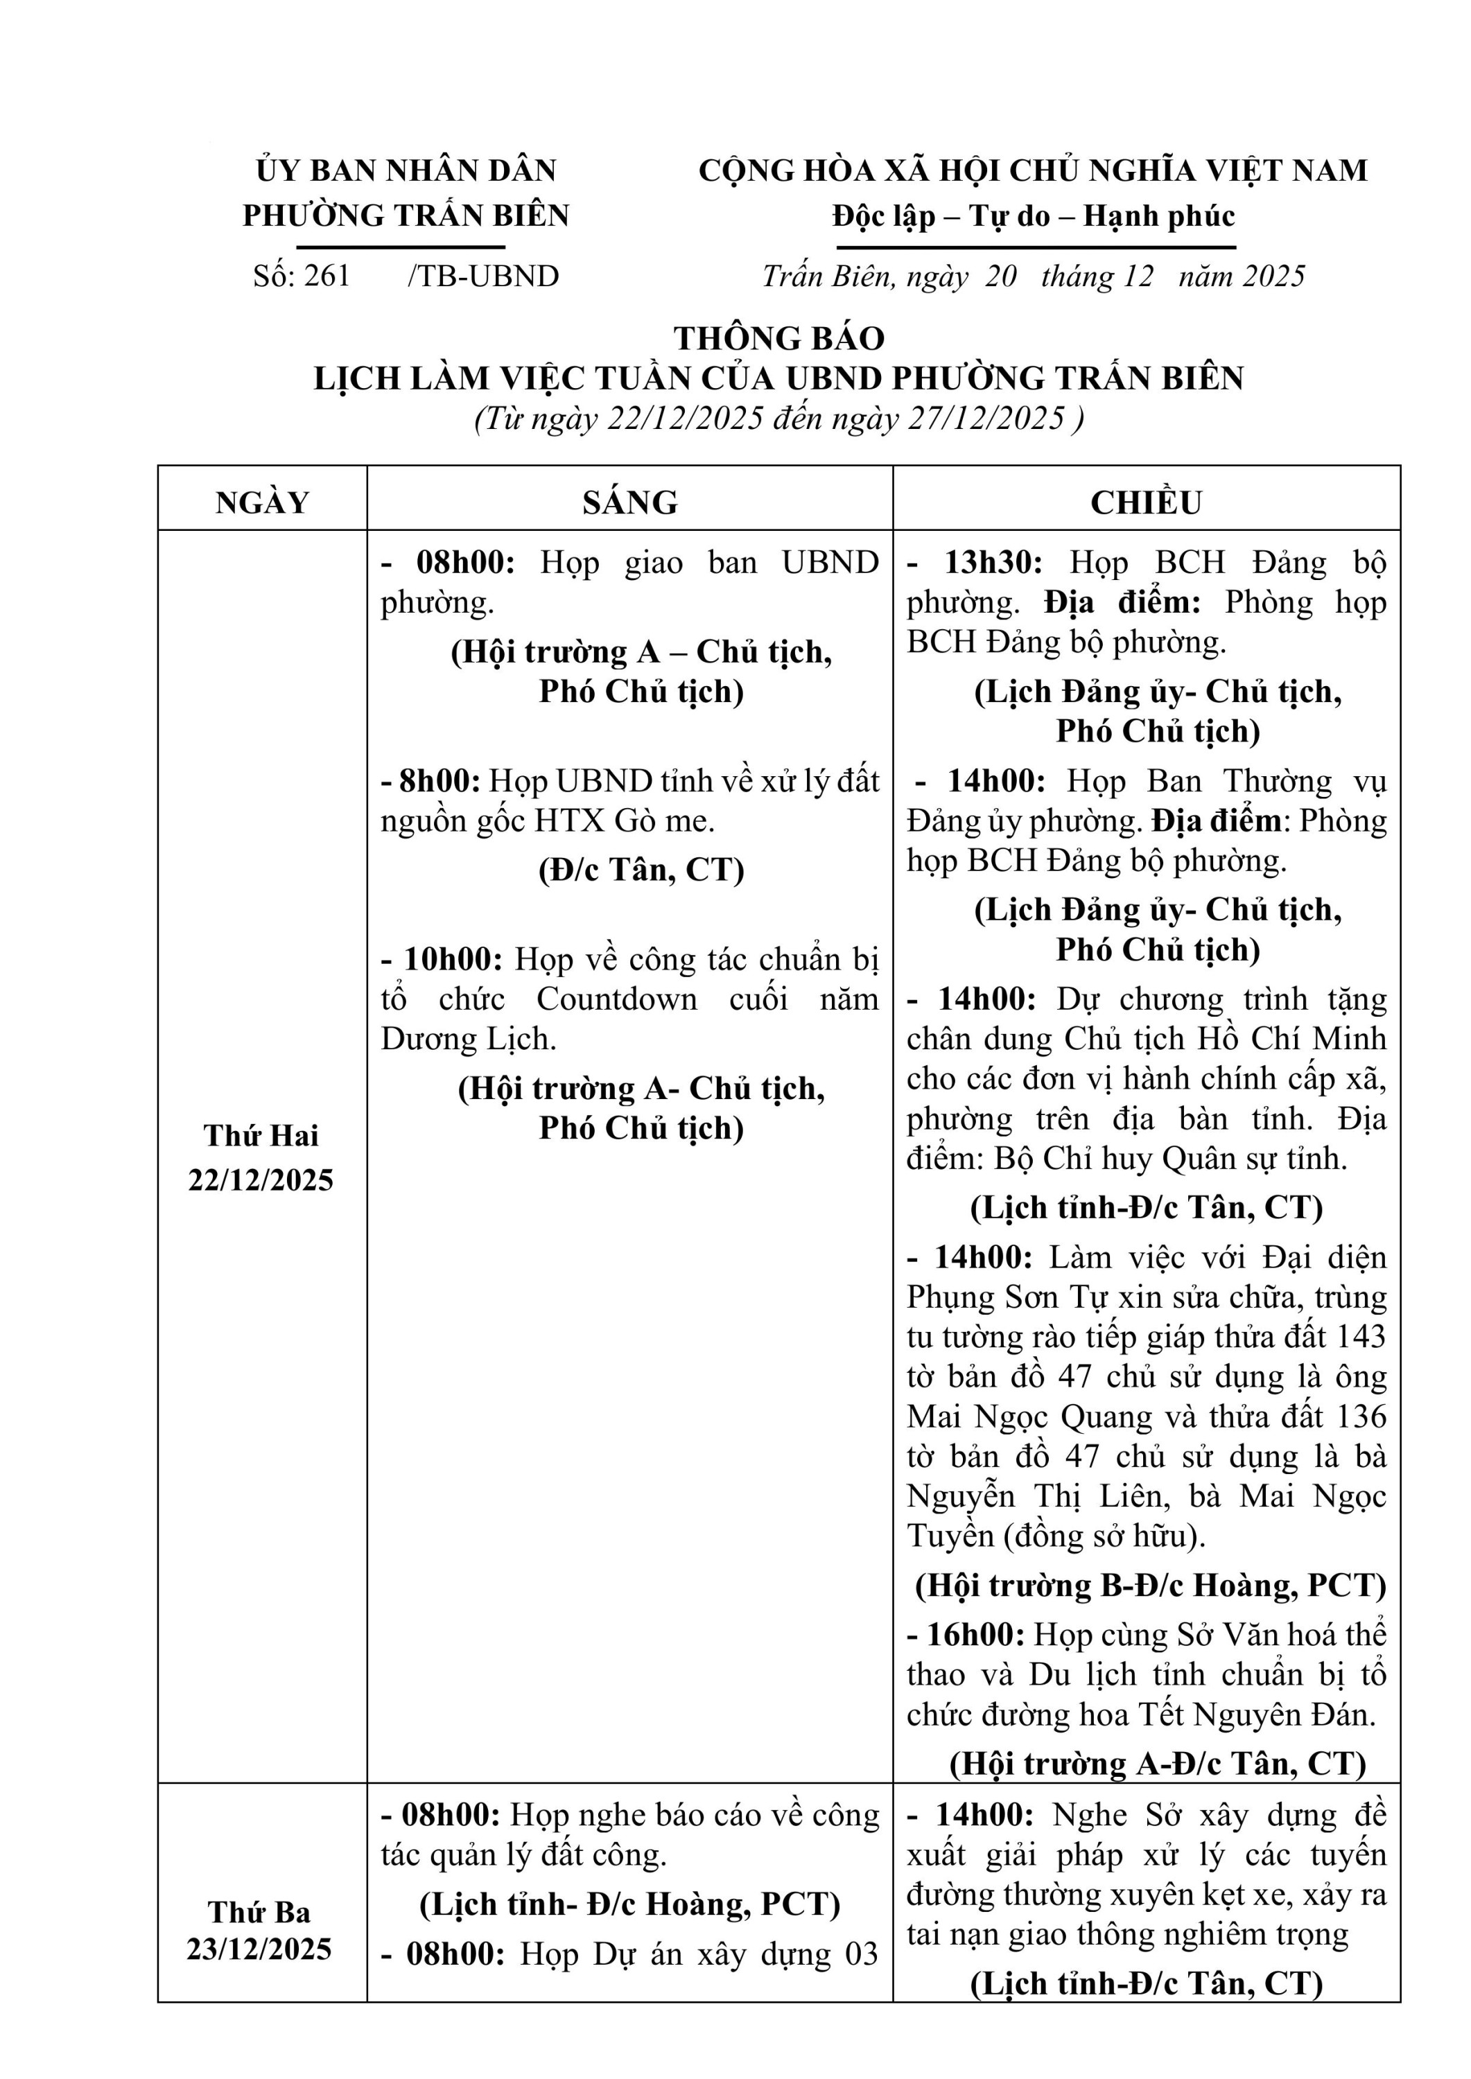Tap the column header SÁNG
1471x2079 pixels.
click(629, 502)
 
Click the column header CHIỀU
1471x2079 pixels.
click(1146, 502)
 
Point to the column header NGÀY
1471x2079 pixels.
click(263, 502)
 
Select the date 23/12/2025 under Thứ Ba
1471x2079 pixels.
click(260, 1949)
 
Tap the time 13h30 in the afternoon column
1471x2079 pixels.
click(993, 562)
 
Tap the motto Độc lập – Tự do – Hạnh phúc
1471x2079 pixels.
click(1034, 216)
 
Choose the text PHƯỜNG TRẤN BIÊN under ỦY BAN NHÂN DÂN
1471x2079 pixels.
click(406, 216)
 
